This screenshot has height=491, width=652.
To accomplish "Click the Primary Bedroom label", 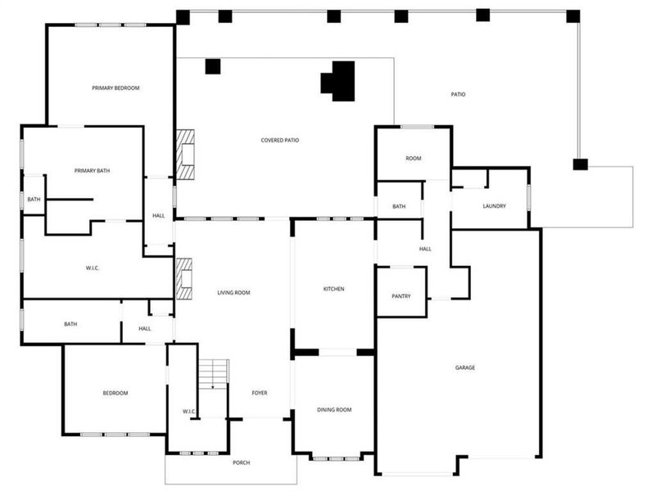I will pos(110,88).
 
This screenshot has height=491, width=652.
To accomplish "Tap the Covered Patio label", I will pos(279,140).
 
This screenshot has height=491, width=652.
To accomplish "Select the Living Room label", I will pos(233,292).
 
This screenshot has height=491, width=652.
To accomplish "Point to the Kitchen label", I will pos(333,289).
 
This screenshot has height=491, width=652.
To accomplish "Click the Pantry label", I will pos(401,296).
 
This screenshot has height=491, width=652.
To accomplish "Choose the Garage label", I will pos(464,367).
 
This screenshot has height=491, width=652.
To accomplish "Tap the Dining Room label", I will pos(334,409).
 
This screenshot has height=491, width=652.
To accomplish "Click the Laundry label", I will pos(494,206).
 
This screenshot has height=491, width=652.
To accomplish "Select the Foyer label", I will pos(260,393).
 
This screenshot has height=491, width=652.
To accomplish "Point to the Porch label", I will pos(241,462).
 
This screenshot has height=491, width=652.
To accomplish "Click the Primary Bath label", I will pos(92,171).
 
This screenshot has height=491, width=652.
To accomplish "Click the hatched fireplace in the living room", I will pos(184,278).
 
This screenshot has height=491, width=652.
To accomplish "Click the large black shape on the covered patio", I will pos(339,81).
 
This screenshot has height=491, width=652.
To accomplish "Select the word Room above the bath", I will pos(414,158).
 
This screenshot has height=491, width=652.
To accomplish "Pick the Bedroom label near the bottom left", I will pos(115,394).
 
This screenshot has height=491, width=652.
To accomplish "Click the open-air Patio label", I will pos(458,95).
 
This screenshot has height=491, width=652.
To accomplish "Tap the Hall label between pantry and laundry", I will pos(425,249).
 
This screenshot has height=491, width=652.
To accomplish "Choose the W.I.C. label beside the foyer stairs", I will pos(188,411).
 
